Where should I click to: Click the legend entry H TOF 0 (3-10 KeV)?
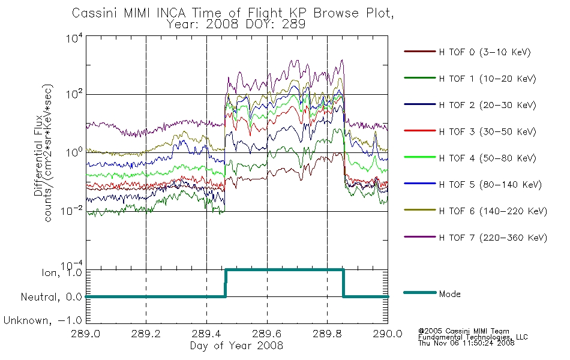pos(485,52)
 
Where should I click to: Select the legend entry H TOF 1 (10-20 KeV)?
pos(487,79)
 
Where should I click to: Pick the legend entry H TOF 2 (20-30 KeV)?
pos(487,105)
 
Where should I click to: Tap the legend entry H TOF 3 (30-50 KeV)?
pos(487,131)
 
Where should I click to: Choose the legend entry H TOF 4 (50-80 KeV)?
pos(487,158)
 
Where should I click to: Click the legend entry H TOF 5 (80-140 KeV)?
pos(490,185)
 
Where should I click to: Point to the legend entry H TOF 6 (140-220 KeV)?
pos(493,211)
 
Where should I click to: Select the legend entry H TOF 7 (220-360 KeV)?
pos(493,238)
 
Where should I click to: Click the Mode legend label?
pos(449,294)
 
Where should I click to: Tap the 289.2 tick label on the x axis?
pos(146,334)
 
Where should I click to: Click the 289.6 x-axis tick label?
pos(267,334)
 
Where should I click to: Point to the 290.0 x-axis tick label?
pos(388,334)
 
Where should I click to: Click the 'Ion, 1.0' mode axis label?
pos(62,272)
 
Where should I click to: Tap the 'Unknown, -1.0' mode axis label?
pos(43,320)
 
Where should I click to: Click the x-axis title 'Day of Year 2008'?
pos(236,346)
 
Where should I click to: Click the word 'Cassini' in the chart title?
pos(95,13)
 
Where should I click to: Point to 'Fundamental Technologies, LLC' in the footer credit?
pos(473,337)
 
